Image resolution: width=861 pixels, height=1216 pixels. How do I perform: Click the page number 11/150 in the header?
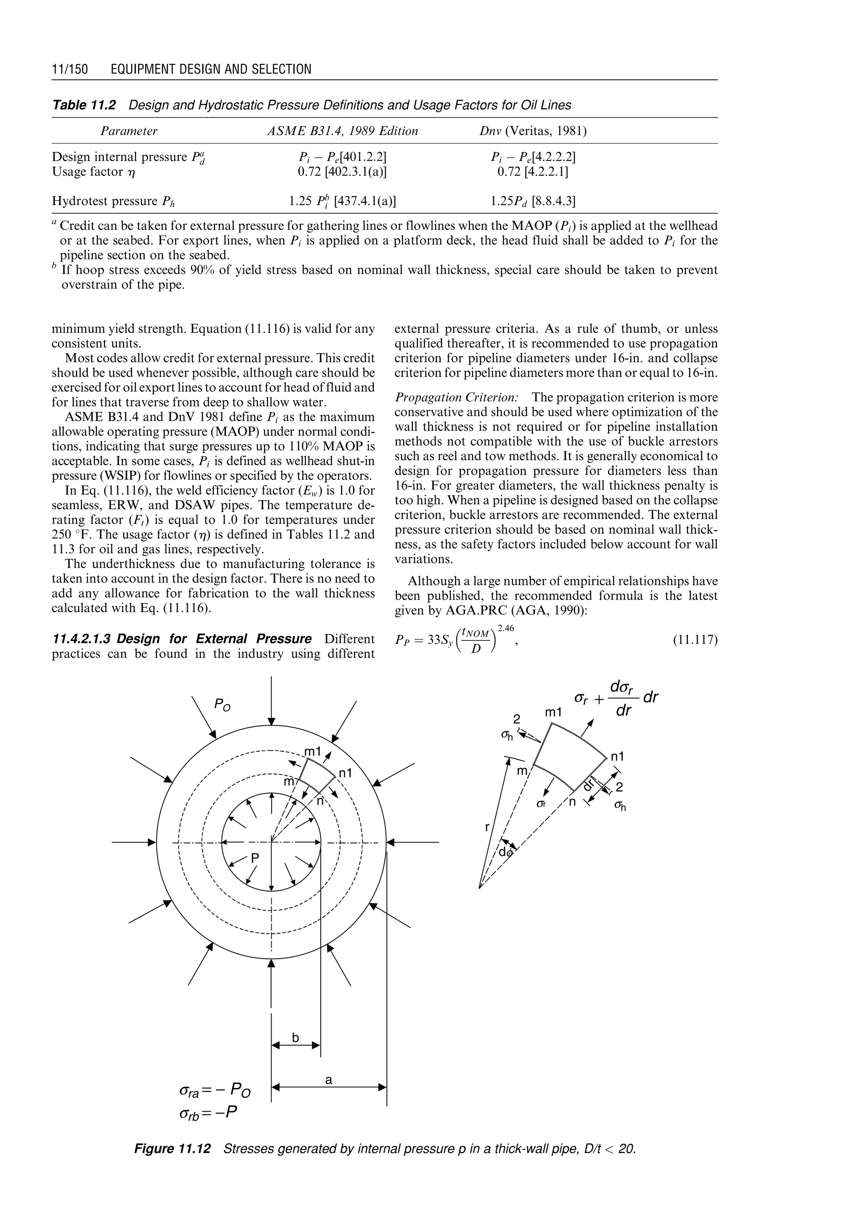(69, 69)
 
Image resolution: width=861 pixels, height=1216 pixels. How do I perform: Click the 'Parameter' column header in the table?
(129, 131)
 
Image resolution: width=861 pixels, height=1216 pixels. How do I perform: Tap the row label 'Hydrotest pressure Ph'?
(114, 201)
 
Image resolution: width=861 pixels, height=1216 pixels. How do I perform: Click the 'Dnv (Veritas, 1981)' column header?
(532, 131)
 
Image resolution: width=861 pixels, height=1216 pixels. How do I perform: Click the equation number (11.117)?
(695, 640)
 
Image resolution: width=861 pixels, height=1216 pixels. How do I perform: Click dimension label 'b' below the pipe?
(295, 1037)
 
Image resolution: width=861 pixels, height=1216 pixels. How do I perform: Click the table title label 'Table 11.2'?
(84, 105)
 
